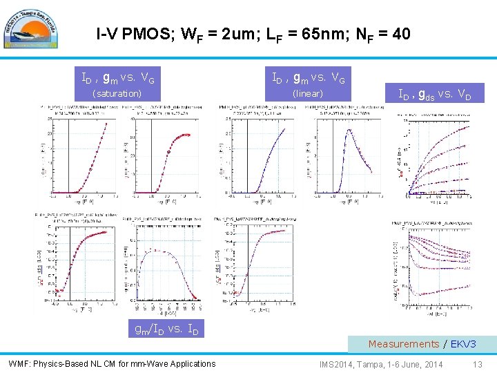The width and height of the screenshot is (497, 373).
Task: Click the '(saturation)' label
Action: [x=117, y=93]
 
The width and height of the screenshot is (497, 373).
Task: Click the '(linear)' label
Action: [x=308, y=93]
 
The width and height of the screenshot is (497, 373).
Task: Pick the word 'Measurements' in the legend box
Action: [x=403, y=343]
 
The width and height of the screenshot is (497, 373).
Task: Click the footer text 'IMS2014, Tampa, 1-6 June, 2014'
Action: [x=381, y=363]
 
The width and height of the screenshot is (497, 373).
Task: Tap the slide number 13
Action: [x=478, y=363]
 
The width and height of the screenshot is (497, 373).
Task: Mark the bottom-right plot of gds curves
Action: [x=435, y=266]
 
